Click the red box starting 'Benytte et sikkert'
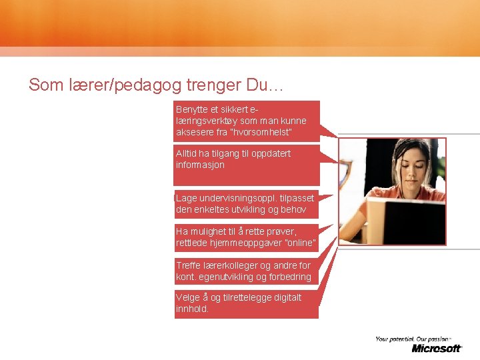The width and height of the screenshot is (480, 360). pyautogui.click(x=247, y=121)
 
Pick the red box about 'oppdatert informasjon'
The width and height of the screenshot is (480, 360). pyautogui.click(x=247, y=166)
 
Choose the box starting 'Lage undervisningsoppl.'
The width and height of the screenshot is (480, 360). pyautogui.click(x=246, y=204)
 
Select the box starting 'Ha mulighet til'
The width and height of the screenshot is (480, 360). pyautogui.click(x=246, y=237)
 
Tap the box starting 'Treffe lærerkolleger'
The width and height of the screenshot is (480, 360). pyautogui.click(x=246, y=271)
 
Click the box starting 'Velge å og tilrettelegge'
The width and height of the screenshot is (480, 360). pyautogui.click(x=246, y=303)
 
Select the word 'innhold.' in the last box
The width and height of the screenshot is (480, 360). pyautogui.click(x=193, y=309)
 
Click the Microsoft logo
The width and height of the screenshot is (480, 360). pyautogui.click(x=436, y=348)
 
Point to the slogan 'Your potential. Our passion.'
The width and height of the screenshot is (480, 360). pyautogui.click(x=413, y=339)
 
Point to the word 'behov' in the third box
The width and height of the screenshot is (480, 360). pyautogui.click(x=294, y=209)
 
